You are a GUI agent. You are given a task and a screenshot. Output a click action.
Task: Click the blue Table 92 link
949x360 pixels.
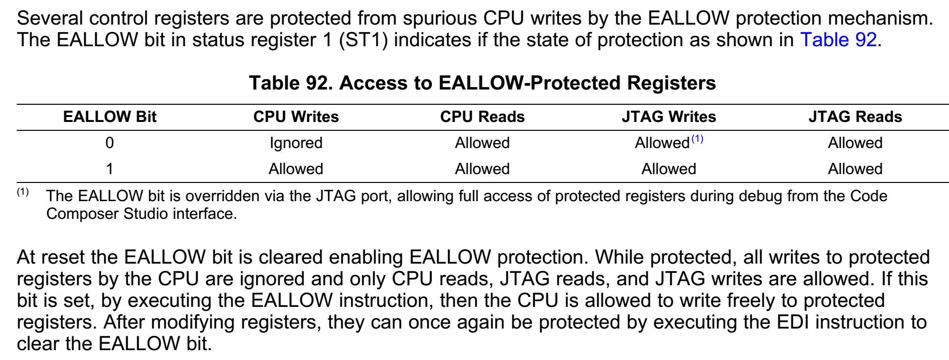(838, 40)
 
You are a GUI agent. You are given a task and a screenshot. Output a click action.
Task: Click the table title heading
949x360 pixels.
(482, 83)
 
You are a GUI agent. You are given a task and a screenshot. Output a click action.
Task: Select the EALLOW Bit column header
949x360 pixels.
(110, 117)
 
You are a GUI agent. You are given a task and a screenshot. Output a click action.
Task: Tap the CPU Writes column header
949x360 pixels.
(296, 117)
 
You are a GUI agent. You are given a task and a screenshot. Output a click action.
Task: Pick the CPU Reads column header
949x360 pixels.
(482, 117)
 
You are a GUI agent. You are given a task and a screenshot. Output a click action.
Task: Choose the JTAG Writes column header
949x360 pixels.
(669, 117)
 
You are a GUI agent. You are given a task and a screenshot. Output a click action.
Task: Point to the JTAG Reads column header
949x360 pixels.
(855, 117)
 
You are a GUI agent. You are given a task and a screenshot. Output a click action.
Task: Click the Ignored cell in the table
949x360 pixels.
(296, 143)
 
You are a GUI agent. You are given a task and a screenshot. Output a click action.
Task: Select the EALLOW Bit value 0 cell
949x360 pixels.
(110, 143)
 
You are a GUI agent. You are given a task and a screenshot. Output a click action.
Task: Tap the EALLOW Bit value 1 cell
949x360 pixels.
(110, 169)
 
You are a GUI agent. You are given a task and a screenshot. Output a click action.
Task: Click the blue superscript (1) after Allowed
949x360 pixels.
(697, 139)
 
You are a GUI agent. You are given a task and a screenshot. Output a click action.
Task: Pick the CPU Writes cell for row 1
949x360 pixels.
(296, 169)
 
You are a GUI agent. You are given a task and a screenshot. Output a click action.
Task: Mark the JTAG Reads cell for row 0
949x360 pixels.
(855, 143)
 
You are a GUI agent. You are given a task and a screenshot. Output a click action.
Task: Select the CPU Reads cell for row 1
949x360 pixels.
(482, 169)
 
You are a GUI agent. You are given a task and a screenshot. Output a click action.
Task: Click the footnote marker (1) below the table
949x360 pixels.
(23, 192)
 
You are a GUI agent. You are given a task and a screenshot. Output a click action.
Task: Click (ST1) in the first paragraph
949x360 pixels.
(363, 40)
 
